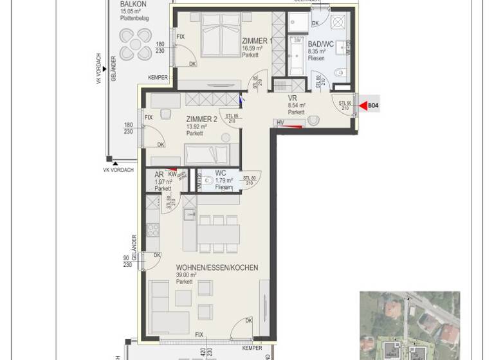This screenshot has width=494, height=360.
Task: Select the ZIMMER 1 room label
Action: (257, 40)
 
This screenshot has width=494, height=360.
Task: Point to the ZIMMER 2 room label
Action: (201, 119)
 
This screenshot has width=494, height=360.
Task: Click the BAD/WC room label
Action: (320, 44)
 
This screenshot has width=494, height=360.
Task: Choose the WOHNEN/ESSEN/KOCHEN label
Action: (217, 267)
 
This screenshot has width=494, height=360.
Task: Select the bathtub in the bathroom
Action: (297, 57)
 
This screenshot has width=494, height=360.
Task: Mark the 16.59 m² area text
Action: (252, 48)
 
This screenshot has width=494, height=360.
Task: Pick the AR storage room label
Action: (159, 174)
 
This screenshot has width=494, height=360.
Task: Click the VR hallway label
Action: (293, 98)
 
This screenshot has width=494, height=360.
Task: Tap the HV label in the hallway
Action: (280, 122)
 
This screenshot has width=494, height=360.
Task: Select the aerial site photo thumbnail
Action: (410, 325)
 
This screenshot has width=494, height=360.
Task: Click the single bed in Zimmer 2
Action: (207, 154)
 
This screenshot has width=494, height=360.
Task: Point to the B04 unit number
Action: (373, 105)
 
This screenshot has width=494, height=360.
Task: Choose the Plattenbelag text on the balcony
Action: (134, 19)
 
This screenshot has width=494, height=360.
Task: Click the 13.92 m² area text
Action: (196, 127)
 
